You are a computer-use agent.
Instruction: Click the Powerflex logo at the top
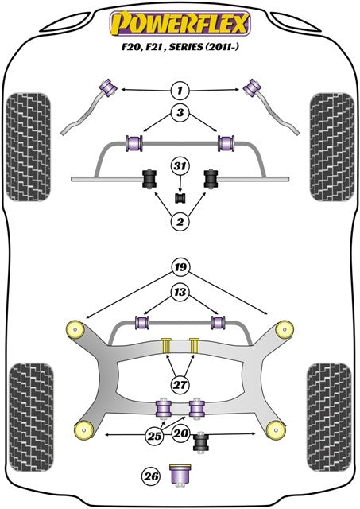click(180, 23)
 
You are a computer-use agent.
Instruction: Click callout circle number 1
click(180, 90)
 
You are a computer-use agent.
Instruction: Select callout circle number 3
click(180, 112)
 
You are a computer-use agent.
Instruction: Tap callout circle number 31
click(180, 166)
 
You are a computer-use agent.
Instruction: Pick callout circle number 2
click(180, 222)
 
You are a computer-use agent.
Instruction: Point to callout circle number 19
click(180, 267)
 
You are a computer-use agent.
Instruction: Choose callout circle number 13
click(180, 293)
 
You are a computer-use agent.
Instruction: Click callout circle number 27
click(180, 385)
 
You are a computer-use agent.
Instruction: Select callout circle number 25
click(154, 436)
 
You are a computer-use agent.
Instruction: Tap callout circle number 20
click(181, 433)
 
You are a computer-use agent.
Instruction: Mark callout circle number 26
click(151, 476)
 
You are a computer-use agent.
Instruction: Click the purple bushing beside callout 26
click(180, 476)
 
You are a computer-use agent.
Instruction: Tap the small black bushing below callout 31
click(180, 198)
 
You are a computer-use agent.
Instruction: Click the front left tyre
click(29, 147)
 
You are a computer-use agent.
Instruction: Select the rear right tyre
click(329, 417)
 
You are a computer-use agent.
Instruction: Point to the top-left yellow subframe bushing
click(75, 330)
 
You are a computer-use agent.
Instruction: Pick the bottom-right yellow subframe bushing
click(276, 430)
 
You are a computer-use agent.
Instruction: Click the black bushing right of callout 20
click(201, 441)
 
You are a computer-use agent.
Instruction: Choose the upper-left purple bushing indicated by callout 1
click(109, 87)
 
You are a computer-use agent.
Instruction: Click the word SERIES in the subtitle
click(186, 48)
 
